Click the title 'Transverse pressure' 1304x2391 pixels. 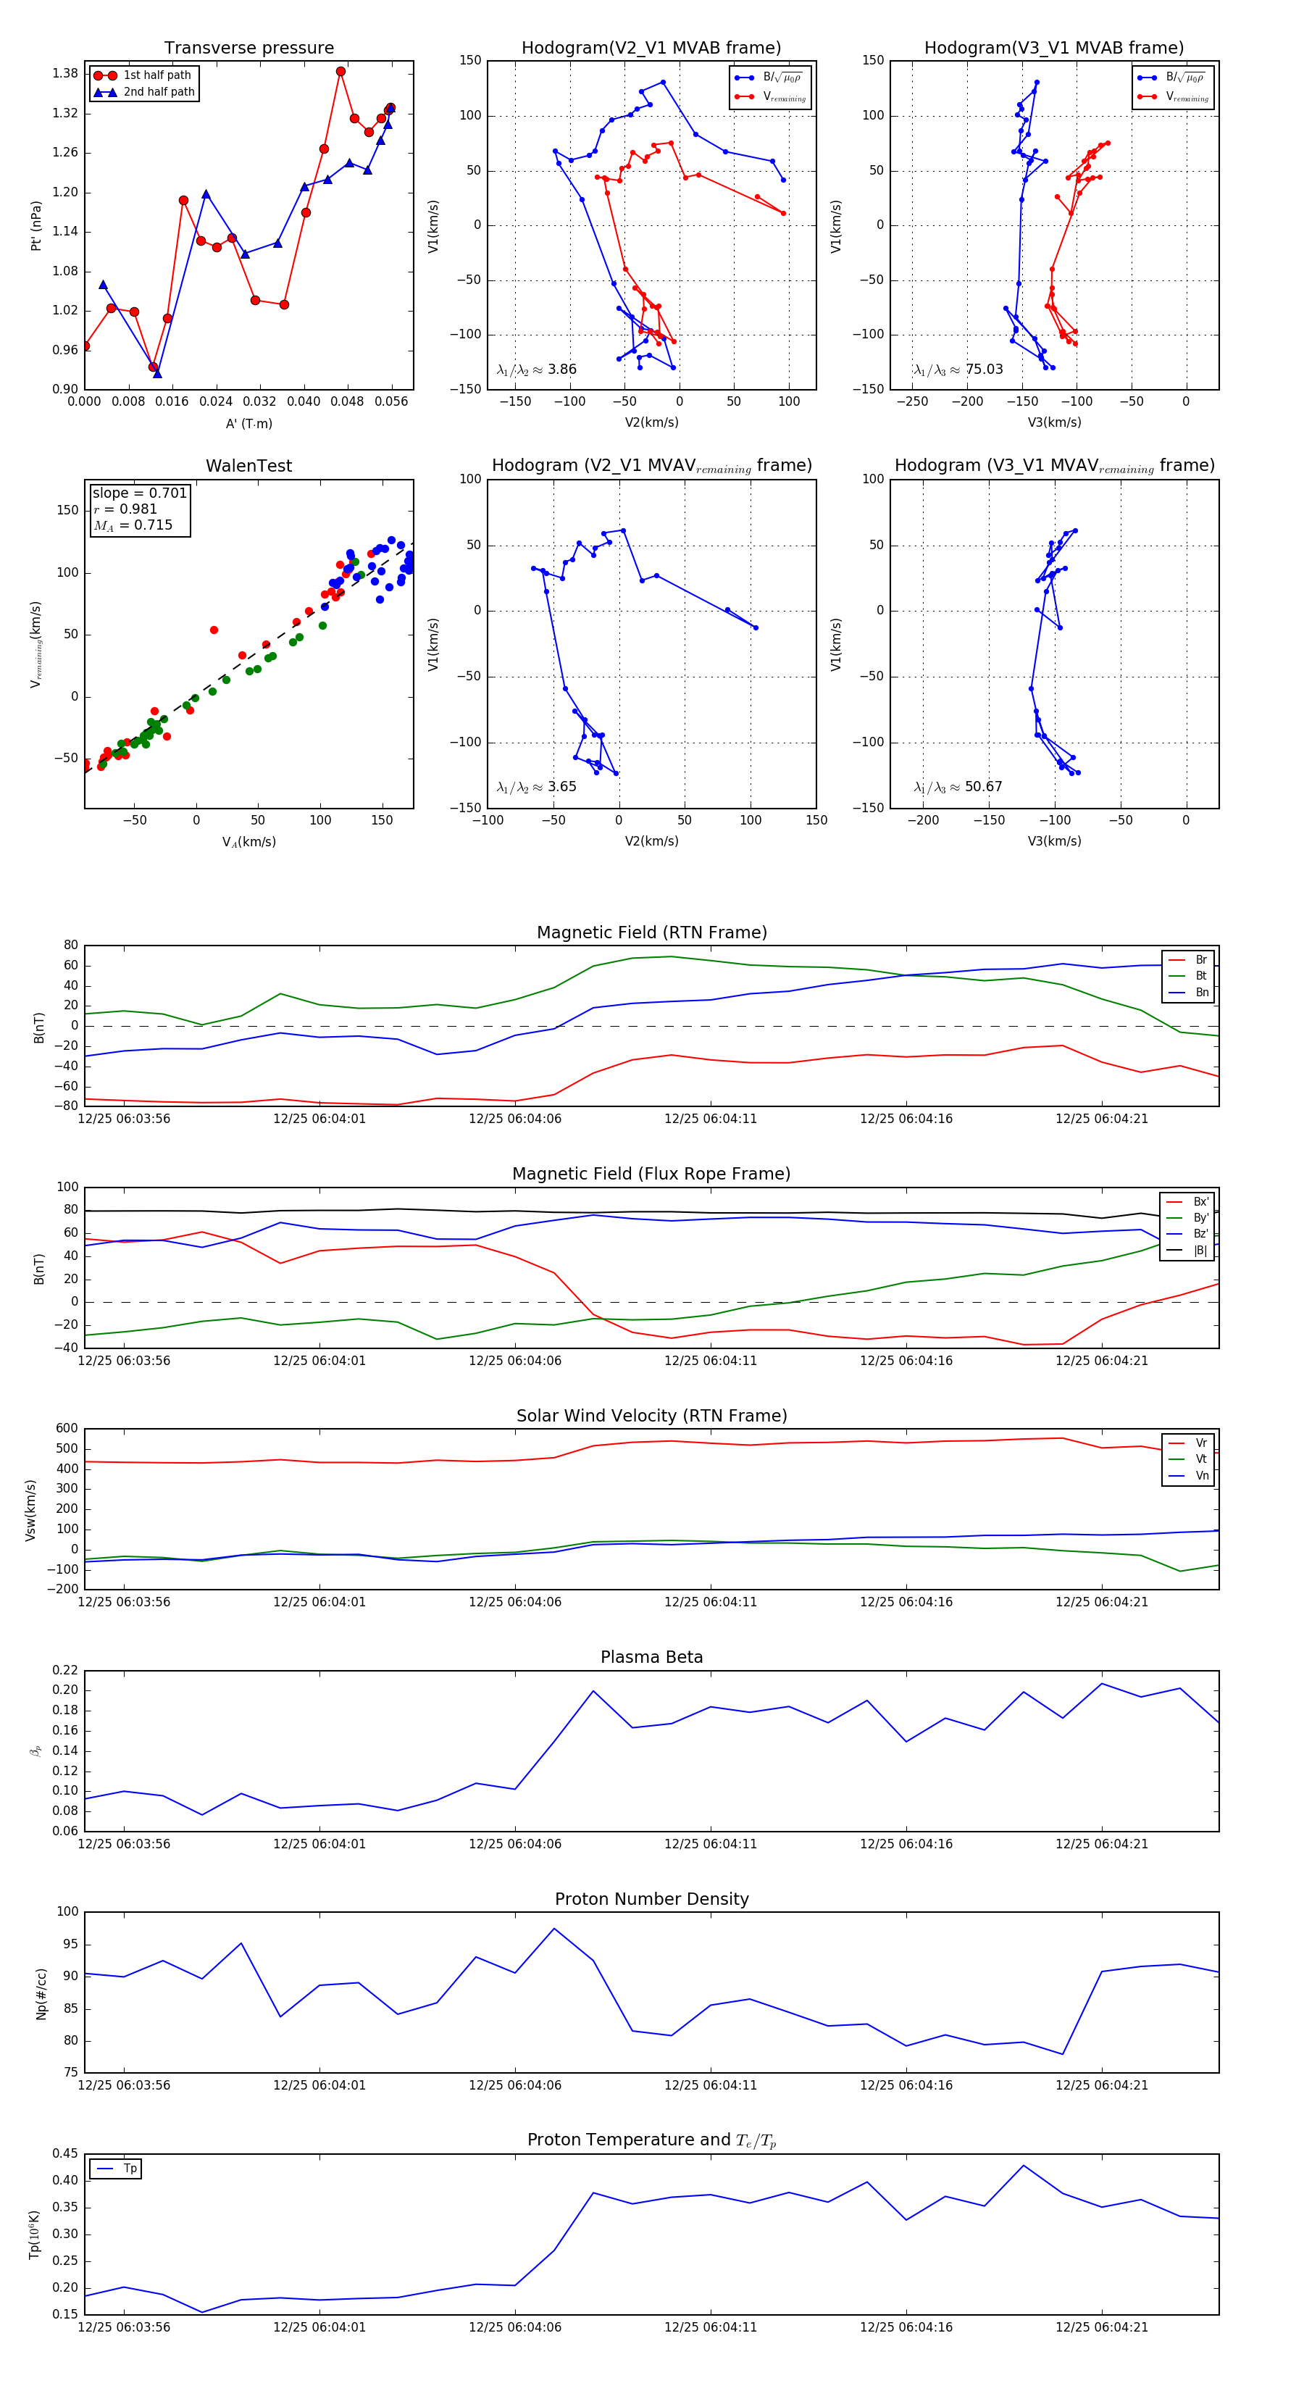(x=248, y=49)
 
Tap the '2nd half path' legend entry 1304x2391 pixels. (x=159, y=92)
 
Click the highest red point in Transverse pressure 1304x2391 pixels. (x=340, y=72)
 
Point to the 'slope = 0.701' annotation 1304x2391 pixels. (x=139, y=493)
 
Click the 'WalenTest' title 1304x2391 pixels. (x=248, y=466)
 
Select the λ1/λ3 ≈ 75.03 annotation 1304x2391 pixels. (x=958, y=370)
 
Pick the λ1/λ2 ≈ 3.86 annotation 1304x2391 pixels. (x=536, y=370)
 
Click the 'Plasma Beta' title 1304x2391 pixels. (x=651, y=1658)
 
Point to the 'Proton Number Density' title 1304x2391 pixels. (x=651, y=1899)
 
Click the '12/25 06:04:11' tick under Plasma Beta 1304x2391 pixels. (x=710, y=1844)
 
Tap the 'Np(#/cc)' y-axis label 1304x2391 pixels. (x=41, y=1994)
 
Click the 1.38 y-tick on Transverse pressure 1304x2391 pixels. (x=65, y=73)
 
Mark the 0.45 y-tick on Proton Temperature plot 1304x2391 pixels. (x=65, y=2154)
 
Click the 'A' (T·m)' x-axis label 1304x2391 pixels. (x=248, y=423)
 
